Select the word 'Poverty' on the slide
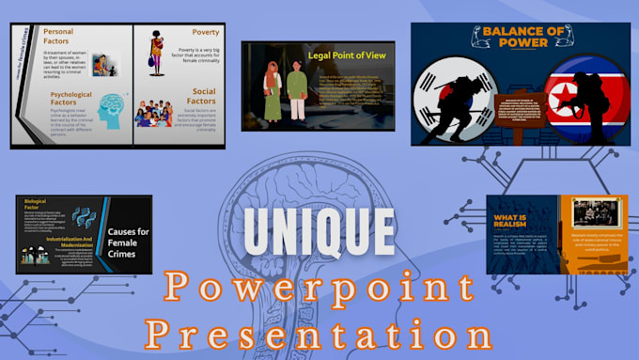pos(179,33)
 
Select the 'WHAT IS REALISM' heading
pos(514,225)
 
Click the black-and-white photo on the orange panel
pos(591,213)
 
